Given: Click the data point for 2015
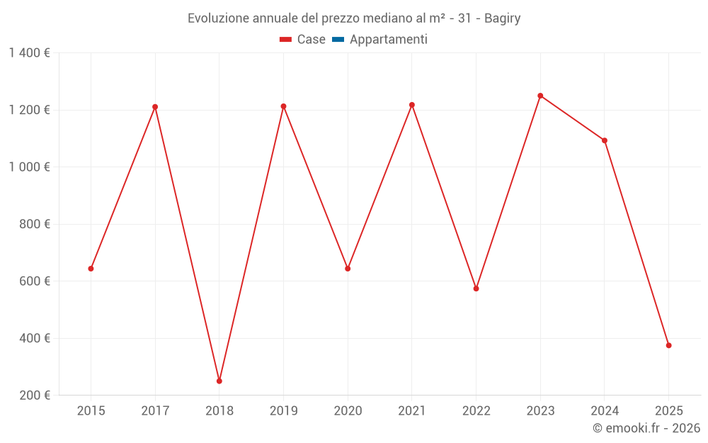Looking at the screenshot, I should tap(91, 269).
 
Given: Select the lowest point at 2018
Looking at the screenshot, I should tap(219, 381).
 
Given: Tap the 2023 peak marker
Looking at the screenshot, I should tap(540, 96).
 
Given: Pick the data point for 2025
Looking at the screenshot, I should tap(668, 345).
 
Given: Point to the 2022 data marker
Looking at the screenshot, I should tap(476, 288).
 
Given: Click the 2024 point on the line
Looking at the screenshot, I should tap(605, 140).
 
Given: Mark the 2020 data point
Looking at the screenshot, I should tap(348, 269).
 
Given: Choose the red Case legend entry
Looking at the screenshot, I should tap(303, 40).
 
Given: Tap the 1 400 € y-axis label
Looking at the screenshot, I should tap(29, 53).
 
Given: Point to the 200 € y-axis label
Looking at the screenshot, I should tap(33, 396).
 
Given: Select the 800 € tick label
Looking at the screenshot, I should tap(33, 224).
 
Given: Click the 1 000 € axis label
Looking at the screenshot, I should tap(29, 167).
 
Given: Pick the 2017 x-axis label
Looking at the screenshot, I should tap(155, 410).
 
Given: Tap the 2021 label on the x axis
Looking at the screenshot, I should tap(412, 410).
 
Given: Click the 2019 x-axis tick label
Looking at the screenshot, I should tap(283, 410).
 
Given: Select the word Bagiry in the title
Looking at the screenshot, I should tap(503, 18).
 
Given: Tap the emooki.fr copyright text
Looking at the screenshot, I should tap(646, 428).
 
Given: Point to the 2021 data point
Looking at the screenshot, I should tap(412, 105).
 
